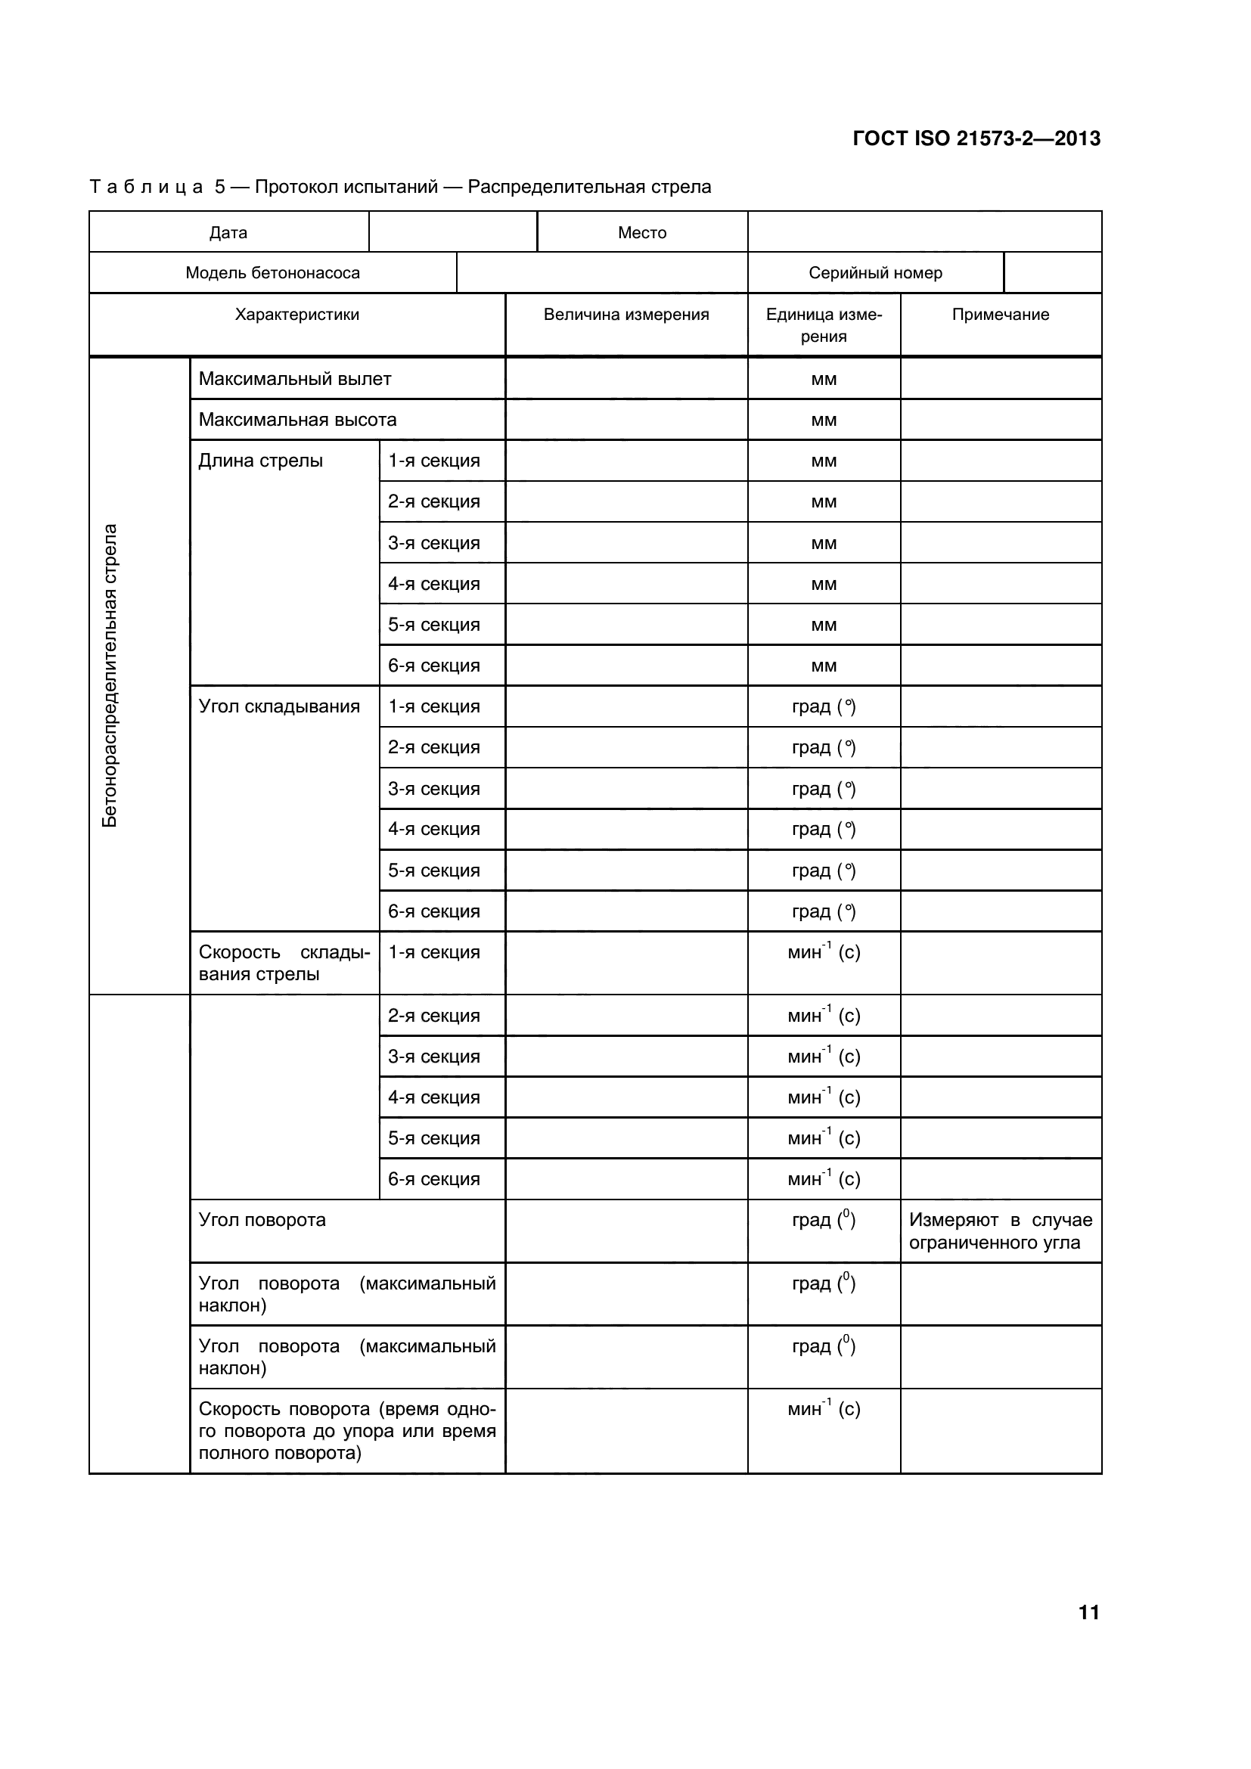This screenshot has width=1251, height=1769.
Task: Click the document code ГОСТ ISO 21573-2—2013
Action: (x=976, y=138)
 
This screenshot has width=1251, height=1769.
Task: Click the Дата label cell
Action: (x=228, y=233)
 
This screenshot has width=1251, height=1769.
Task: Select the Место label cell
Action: (x=641, y=233)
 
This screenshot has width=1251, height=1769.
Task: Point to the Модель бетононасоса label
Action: (x=272, y=273)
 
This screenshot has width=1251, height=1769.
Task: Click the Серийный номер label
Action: (x=875, y=273)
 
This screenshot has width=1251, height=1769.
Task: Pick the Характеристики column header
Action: (x=296, y=315)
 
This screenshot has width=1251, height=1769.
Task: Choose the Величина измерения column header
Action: (x=625, y=315)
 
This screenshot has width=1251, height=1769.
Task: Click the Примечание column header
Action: (x=1000, y=315)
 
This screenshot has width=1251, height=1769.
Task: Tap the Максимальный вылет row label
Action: (x=294, y=379)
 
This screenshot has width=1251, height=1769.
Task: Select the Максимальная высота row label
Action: (x=297, y=420)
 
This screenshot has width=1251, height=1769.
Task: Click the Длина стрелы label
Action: (x=260, y=461)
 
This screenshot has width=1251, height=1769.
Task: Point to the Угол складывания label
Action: (x=279, y=706)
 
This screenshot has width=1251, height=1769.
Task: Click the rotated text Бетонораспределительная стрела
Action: (x=110, y=675)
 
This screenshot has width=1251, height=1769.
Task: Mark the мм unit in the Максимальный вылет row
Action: (x=824, y=379)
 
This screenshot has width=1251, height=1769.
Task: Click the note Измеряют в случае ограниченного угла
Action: (x=1000, y=1231)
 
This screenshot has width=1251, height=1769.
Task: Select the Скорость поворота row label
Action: (x=346, y=1431)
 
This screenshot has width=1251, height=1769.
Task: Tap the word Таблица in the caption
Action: (x=147, y=188)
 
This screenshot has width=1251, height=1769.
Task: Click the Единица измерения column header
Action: (x=824, y=325)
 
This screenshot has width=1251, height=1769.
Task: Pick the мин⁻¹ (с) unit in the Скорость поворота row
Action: (x=824, y=1409)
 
